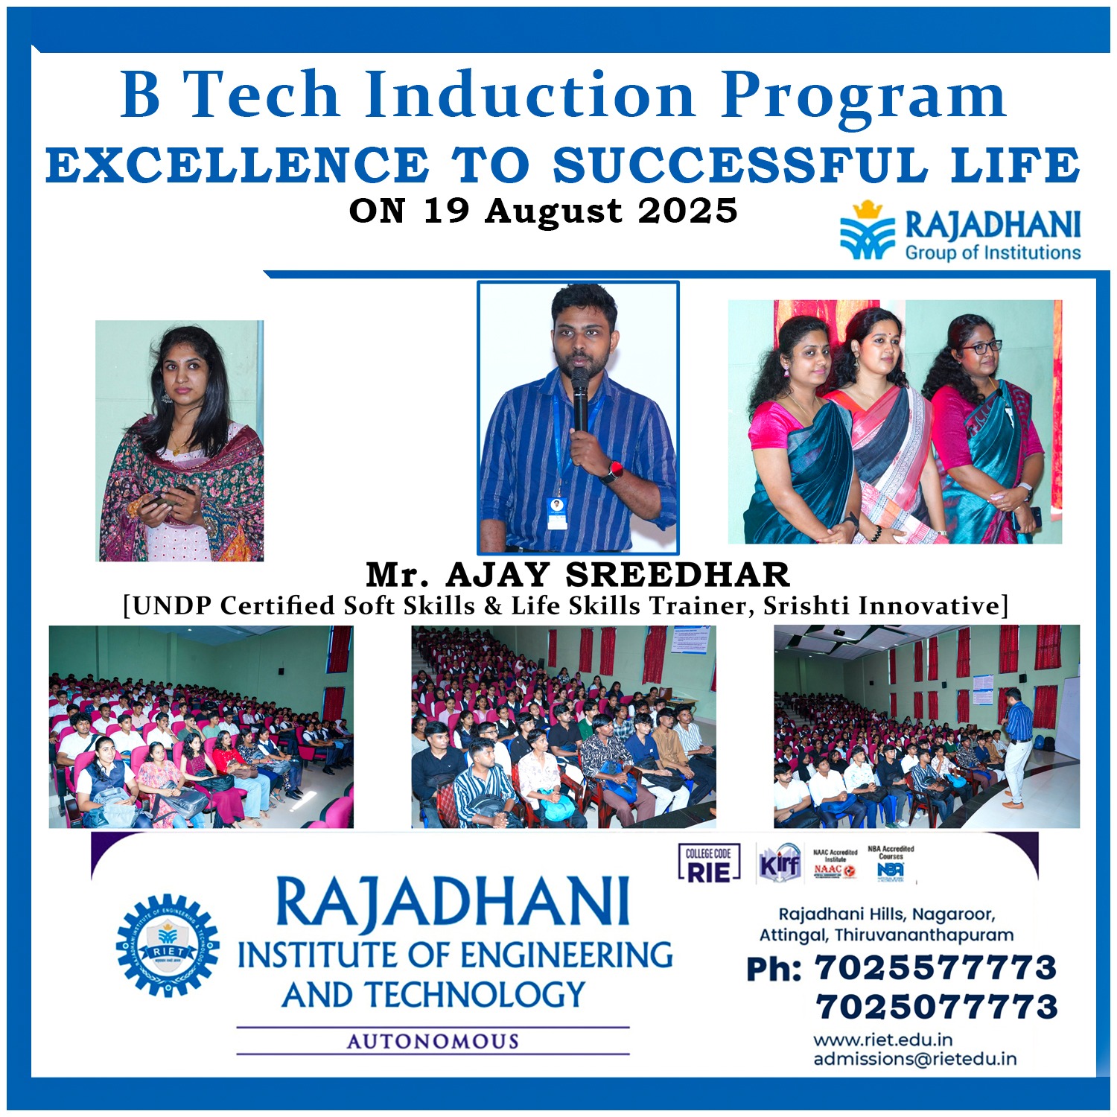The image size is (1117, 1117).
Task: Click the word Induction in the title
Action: click(x=529, y=95)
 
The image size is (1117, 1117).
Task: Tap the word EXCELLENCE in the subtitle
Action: click(x=237, y=165)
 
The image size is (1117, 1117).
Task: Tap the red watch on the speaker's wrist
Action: click(x=614, y=471)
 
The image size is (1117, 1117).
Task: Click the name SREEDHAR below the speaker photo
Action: click(x=678, y=575)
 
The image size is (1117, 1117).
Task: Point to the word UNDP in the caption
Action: click(x=171, y=606)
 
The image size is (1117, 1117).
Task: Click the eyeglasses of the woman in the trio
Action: click(x=981, y=347)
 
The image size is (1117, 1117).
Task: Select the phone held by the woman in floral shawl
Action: click(x=168, y=498)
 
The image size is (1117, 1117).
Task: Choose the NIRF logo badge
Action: click(x=780, y=865)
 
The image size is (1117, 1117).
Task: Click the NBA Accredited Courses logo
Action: click(x=891, y=864)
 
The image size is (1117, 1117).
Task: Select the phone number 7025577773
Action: click(x=935, y=968)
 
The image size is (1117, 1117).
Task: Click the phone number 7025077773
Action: click(x=937, y=1007)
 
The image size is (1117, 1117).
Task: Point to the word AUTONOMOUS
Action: click(x=433, y=1041)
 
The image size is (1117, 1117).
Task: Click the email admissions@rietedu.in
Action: click(x=914, y=1059)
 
